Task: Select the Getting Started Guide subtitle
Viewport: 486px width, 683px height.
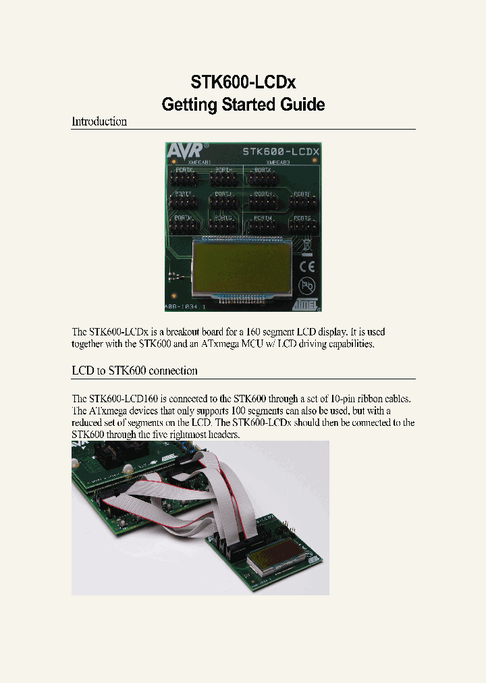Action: pyautogui.click(x=243, y=105)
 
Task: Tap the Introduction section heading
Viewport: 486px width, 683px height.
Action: pyautogui.click(x=99, y=121)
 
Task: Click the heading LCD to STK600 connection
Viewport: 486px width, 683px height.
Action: pyautogui.click(x=134, y=371)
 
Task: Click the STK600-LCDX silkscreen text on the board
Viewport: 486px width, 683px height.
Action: pyautogui.click(x=281, y=152)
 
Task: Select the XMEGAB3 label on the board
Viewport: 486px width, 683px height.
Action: pyautogui.click(x=278, y=163)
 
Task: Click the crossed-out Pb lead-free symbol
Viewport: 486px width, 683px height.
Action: pyautogui.click(x=306, y=284)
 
